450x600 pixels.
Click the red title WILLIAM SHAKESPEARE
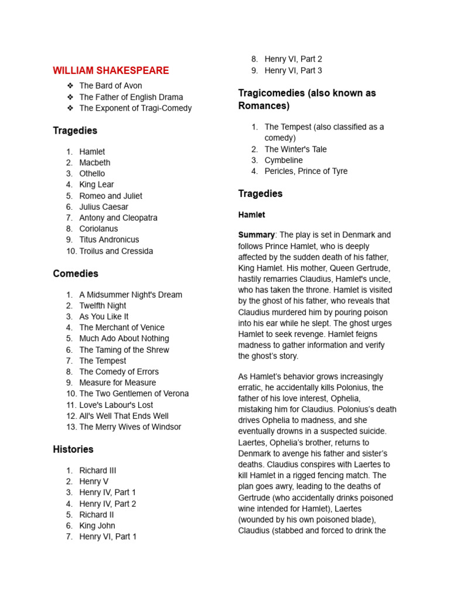(x=111, y=71)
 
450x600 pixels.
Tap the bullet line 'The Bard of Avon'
(x=110, y=86)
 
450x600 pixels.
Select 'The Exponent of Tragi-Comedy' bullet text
(x=135, y=108)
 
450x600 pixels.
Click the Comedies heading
(x=76, y=274)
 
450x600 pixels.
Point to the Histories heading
(x=73, y=449)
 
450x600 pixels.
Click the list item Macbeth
(x=95, y=162)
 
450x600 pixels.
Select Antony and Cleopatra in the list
(x=118, y=217)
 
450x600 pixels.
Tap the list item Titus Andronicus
(x=109, y=240)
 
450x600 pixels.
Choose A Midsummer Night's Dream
(x=131, y=295)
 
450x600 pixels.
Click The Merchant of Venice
(x=122, y=328)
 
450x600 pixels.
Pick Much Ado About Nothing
(x=124, y=339)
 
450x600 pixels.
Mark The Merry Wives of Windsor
(x=130, y=427)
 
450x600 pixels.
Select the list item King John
(x=97, y=526)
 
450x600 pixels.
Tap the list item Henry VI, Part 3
(x=293, y=70)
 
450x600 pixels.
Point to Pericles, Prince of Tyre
(x=306, y=171)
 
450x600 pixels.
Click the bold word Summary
(x=257, y=235)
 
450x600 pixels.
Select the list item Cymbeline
(x=284, y=160)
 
